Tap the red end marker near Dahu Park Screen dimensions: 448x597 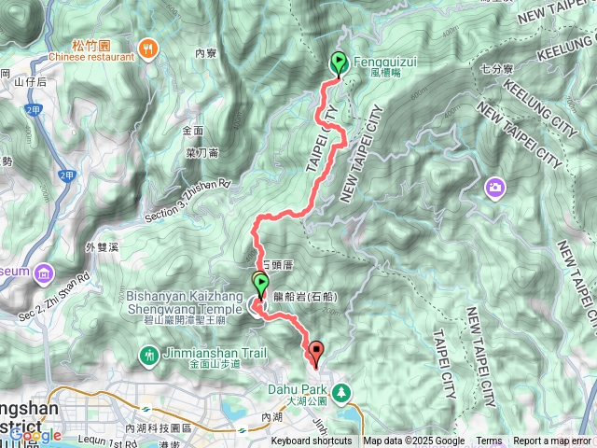point(316,354)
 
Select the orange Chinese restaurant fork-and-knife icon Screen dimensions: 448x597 point(146,49)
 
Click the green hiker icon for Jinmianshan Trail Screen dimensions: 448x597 point(147,355)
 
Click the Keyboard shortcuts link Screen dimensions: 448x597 point(312,441)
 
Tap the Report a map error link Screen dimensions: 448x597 point(552,441)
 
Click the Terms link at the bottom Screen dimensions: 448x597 point(489,441)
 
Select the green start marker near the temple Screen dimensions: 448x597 point(260,284)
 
